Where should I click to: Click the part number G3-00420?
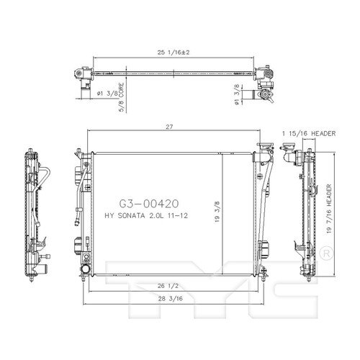(149, 204)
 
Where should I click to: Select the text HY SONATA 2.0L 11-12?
(146, 216)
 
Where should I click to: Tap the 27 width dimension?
(169, 127)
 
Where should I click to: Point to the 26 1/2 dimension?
(168, 286)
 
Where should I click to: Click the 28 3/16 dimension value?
(171, 298)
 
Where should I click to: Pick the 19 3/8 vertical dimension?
(217, 212)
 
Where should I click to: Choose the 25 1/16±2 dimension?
(174, 53)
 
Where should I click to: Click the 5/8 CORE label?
(122, 97)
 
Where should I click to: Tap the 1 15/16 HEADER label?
(309, 133)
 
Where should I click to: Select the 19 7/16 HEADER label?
(329, 209)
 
